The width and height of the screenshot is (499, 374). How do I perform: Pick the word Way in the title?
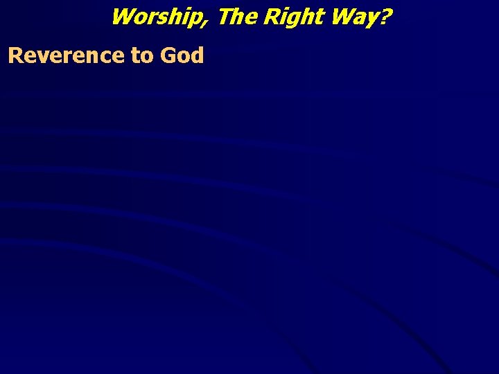(x=353, y=16)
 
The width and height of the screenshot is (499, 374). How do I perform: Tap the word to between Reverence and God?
(x=141, y=55)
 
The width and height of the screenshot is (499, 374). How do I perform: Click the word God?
(x=181, y=55)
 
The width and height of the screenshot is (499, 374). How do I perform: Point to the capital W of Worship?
(x=123, y=15)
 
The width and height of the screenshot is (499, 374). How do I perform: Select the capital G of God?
(x=167, y=55)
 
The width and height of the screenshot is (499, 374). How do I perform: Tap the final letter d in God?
(x=197, y=55)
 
